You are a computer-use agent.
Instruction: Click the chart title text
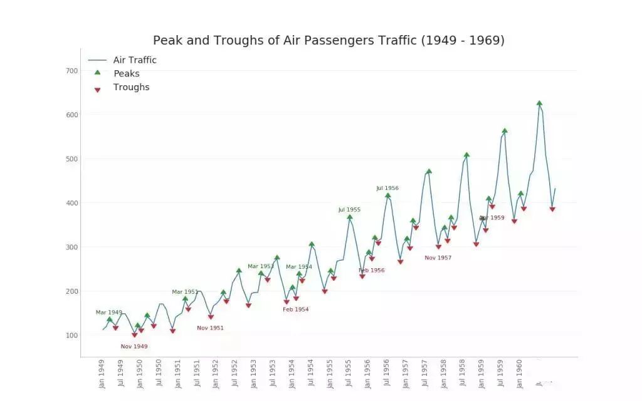(x=329, y=41)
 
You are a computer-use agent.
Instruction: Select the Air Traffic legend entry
(x=134, y=60)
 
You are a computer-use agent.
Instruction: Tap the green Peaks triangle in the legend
(x=97, y=73)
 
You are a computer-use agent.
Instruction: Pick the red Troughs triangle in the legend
(x=97, y=90)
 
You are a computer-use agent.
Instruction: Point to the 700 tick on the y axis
(x=71, y=71)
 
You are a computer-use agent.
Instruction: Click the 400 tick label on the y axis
(x=71, y=203)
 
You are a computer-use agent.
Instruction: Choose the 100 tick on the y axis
(x=71, y=335)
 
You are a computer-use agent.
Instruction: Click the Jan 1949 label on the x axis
(x=102, y=373)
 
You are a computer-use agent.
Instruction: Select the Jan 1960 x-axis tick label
(x=520, y=373)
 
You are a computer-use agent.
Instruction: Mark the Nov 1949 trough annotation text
(x=134, y=346)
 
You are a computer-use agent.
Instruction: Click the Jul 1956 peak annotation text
(x=387, y=188)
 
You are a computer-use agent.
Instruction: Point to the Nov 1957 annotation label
(x=438, y=258)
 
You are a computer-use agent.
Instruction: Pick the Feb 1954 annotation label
(x=295, y=310)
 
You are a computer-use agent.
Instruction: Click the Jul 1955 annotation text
(x=349, y=210)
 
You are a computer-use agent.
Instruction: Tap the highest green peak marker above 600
(x=539, y=103)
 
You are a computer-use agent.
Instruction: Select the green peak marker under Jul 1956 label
(x=387, y=195)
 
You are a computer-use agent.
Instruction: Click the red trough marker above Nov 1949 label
(x=134, y=335)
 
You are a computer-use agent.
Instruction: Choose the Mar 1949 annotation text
(x=109, y=312)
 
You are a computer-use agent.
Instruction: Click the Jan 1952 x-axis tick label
(x=216, y=373)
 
